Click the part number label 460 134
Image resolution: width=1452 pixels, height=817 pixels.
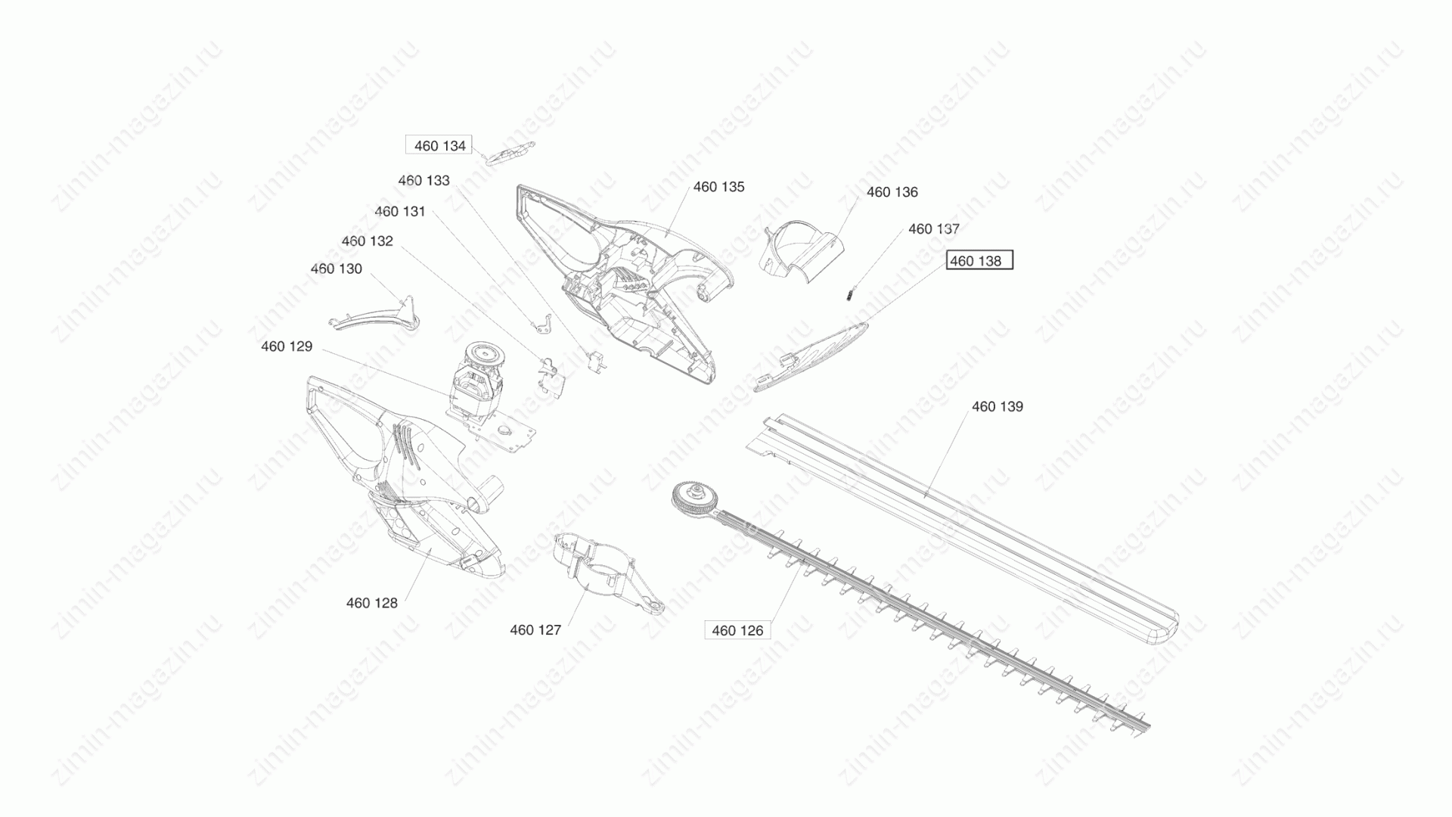[439, 146]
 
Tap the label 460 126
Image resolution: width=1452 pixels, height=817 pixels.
[737, 630]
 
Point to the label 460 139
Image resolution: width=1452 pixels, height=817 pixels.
[997, 407]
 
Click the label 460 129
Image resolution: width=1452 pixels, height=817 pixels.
[287, 346]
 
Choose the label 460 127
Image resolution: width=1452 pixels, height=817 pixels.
[535, 630]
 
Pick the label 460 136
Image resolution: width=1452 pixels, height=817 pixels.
[892, 192]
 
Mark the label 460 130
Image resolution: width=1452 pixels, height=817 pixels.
[337, 269]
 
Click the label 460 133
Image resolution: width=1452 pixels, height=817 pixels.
[424, 181]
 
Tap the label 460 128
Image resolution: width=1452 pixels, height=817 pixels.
[372, 603]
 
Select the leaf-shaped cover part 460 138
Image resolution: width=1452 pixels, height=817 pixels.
[810, 356]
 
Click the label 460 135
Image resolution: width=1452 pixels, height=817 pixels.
[719, 187]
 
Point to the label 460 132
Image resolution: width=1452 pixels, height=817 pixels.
[368, 241]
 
